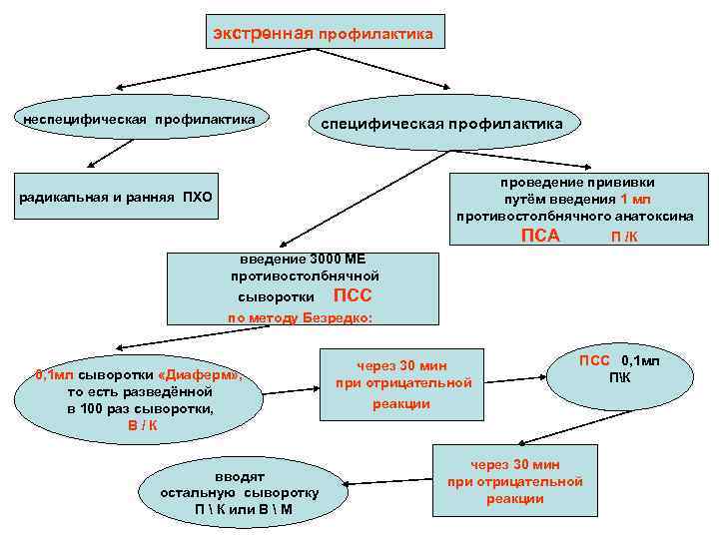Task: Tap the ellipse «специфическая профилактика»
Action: (440, 124)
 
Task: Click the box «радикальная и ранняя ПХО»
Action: (116, 196)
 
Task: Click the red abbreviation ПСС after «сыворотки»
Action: (352, 295)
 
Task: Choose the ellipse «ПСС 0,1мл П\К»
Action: (619, 367)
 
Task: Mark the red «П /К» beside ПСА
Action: (625, 237)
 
